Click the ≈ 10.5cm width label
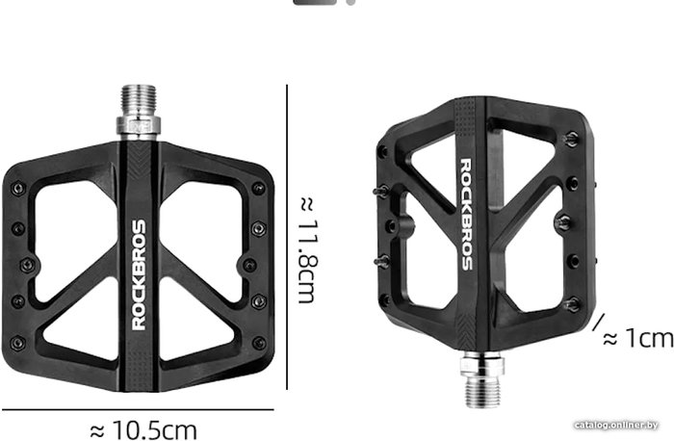point(144,429)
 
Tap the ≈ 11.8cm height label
point(308,250)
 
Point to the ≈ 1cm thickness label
point(638,338)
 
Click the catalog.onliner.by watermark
point(616,425)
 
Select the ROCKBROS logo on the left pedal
point(140,275)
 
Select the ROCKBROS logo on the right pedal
point(466,214)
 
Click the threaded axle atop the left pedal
point(139,101)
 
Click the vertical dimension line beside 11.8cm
point(287,237)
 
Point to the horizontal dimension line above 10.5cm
point(138,409)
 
